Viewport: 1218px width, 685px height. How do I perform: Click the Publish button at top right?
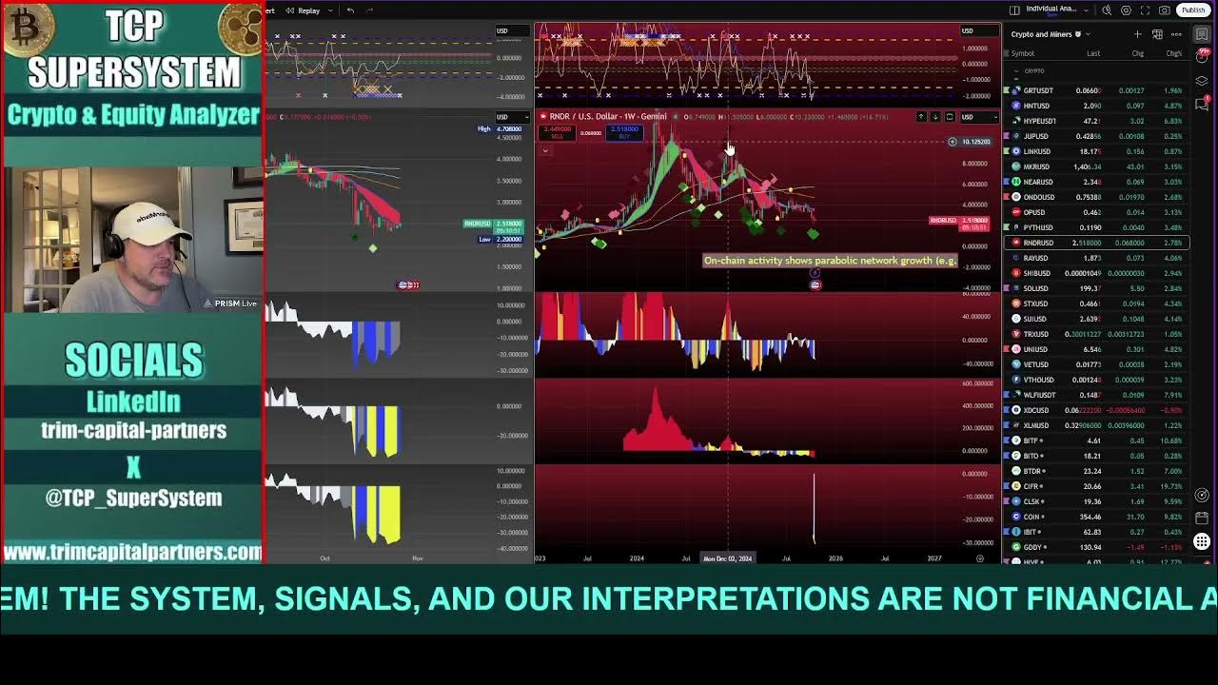[1192, 10]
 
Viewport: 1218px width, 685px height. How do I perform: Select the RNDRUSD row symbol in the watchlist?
[1038, 243]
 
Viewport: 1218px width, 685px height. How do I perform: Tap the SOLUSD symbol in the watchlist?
[1035, 288]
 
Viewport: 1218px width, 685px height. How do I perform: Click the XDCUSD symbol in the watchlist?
[1036, 410]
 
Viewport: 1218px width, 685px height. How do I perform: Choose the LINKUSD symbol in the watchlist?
[1036, 151]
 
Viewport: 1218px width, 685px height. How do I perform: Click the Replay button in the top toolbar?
[304, 10]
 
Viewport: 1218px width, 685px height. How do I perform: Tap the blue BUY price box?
[624, 132]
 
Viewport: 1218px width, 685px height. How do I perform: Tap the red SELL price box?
[558, 132]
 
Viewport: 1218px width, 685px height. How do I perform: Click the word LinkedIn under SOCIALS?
[133, 401]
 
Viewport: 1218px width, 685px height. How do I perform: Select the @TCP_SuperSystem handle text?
[133, 498]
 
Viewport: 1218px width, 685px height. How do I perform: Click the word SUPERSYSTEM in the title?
[133, 72]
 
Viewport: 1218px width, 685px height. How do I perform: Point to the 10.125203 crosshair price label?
[975, 142]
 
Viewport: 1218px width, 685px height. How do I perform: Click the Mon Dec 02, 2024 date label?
[728, 558]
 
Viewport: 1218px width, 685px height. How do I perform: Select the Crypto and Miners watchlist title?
[1041, 34]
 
